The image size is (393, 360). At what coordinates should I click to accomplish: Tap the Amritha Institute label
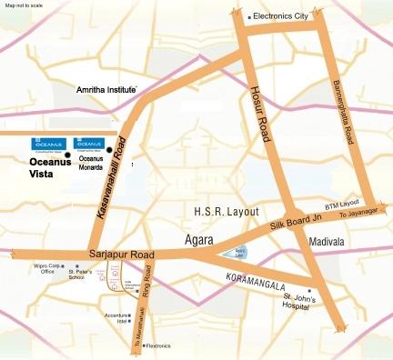click(x=106, y=91)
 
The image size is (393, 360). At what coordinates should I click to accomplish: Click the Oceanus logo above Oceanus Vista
click(x=44, y=144)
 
